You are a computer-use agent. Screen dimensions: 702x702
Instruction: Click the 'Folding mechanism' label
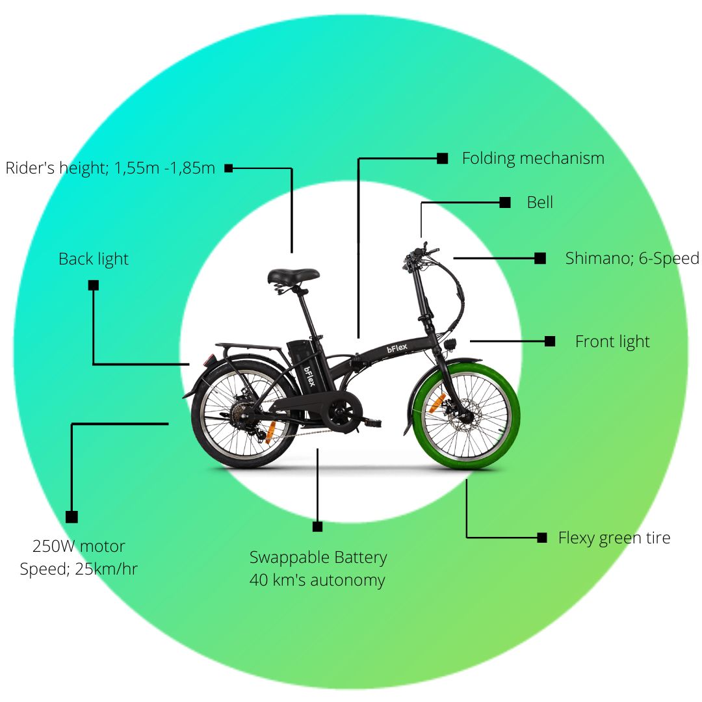tap(533, 159)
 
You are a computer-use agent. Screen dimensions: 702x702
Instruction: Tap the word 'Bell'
tap(540, 202)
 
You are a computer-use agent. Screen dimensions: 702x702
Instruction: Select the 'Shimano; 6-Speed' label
tap(632, 258)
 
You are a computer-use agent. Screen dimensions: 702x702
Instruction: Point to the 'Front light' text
tap(612, 342)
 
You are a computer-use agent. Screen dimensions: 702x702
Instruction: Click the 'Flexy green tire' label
tap(614, 538)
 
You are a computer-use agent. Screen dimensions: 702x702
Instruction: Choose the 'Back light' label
tap(93, 259)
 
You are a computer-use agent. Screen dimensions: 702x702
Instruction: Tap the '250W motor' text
tap(79, 546)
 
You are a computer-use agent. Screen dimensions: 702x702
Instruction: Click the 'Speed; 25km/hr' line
tap(79, 569)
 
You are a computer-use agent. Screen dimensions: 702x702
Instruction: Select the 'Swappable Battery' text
tap(318, 558)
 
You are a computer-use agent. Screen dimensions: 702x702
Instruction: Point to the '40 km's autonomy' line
tap(317, 580)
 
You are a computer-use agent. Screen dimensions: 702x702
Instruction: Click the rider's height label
tap(110, 168)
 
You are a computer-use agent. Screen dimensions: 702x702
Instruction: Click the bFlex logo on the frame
tap(397, 348)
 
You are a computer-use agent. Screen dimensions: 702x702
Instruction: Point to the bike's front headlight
tap(450, 344)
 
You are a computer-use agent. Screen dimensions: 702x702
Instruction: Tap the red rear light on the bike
tap(209, 360)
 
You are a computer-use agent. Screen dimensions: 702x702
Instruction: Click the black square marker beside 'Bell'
tap(505, 202)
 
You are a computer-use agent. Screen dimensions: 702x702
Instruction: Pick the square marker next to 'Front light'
tap(550, 342)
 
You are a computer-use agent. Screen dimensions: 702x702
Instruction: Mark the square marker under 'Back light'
tap(93, 285)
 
